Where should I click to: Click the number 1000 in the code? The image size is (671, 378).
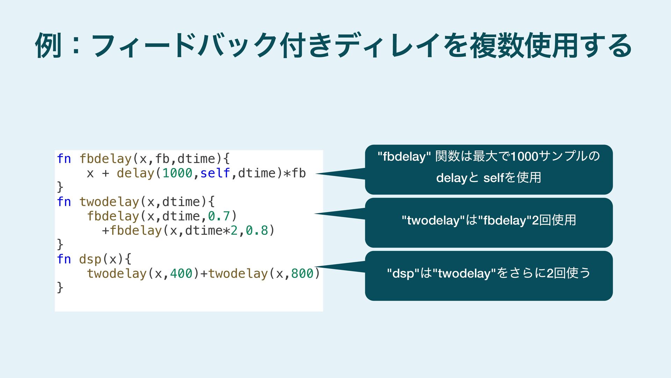pyautogui.click(x=177, y=173)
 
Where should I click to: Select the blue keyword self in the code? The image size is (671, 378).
pyautogui.click(x=215, y=173)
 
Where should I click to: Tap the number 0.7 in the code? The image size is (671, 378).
pyautogui.click(x=219, y=216)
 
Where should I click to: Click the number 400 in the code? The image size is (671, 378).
pyautogui.click(x=181, y=274)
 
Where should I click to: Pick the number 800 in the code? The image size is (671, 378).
pyautogui.click(x=302, y=274)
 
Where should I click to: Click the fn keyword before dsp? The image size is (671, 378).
pyautogui.click(x=64, y=259)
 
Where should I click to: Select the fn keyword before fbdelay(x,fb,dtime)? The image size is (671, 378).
pyautogui.click(x=64, y=159)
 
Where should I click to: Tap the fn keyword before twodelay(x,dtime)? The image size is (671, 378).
pyautogui.click(x=64, y=202)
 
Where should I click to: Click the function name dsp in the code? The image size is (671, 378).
pyautogui.click(x=90, y=259)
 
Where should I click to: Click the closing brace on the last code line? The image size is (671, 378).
pyautogui.click(x=60, y=288)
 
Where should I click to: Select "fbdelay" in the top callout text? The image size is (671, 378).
pyautogui.click(x=404, y=156)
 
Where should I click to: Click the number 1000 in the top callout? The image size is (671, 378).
pyautogui.click(x=524, y=156)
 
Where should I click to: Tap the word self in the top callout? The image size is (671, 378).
pyautogui.click(x=494, y=178)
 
